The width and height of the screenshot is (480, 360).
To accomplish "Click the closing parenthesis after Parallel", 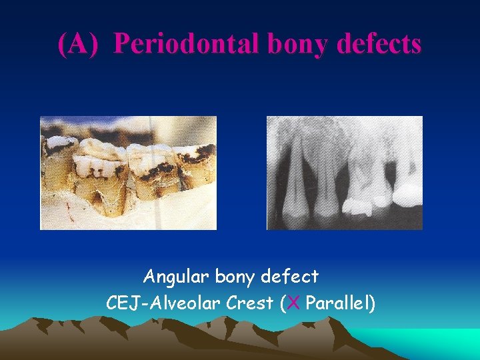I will click(x=372, y=304).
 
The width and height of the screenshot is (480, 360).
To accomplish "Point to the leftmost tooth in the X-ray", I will click(x=288, y=180).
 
